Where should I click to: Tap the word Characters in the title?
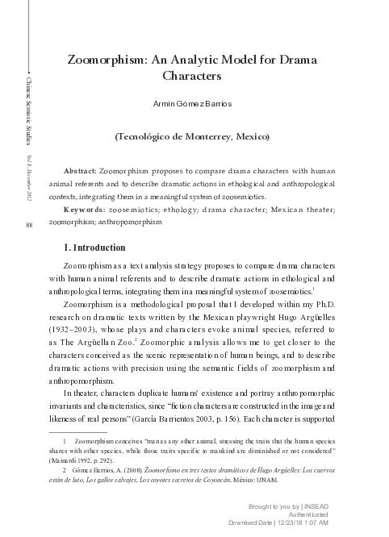(191, 77)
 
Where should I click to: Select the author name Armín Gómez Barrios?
(191, 105)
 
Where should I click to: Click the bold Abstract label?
(79, 172)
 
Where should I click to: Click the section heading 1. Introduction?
(94, 248)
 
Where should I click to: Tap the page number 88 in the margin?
(28, 223)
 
